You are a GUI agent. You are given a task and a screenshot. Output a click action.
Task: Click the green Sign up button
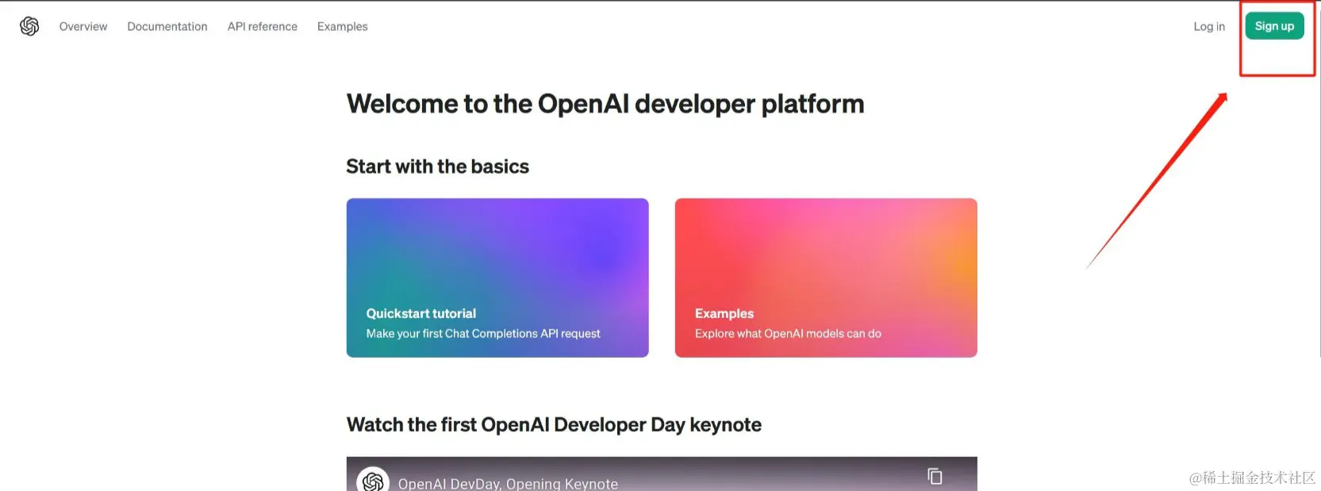1274,26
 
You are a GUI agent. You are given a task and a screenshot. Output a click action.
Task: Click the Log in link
1209,26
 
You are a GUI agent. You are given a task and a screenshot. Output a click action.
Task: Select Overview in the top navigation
83,26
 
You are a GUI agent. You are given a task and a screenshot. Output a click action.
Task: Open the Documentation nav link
167,26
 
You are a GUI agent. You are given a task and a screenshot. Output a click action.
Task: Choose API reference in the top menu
263,26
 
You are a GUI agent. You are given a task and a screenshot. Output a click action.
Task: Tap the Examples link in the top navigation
342,26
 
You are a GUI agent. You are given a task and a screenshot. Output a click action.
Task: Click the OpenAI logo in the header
29,26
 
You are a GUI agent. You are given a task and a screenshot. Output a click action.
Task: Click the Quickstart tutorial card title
421,313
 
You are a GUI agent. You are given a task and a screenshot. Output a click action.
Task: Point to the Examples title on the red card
724,313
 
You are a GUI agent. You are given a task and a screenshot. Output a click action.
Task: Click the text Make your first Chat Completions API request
483,334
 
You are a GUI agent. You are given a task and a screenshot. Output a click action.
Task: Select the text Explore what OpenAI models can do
788,334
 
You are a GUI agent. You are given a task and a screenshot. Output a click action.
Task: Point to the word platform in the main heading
812,105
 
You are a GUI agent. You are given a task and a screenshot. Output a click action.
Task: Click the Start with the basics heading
438,167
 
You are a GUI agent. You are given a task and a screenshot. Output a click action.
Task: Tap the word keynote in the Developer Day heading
725,425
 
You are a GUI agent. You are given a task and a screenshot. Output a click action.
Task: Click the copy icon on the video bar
935,476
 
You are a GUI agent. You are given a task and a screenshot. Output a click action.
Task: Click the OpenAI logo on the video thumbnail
373,481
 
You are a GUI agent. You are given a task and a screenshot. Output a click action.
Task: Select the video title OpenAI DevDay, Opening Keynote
508,484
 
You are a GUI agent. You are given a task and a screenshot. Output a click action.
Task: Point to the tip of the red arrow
1227,94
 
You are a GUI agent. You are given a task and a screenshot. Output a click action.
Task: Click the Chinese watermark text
1252,478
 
